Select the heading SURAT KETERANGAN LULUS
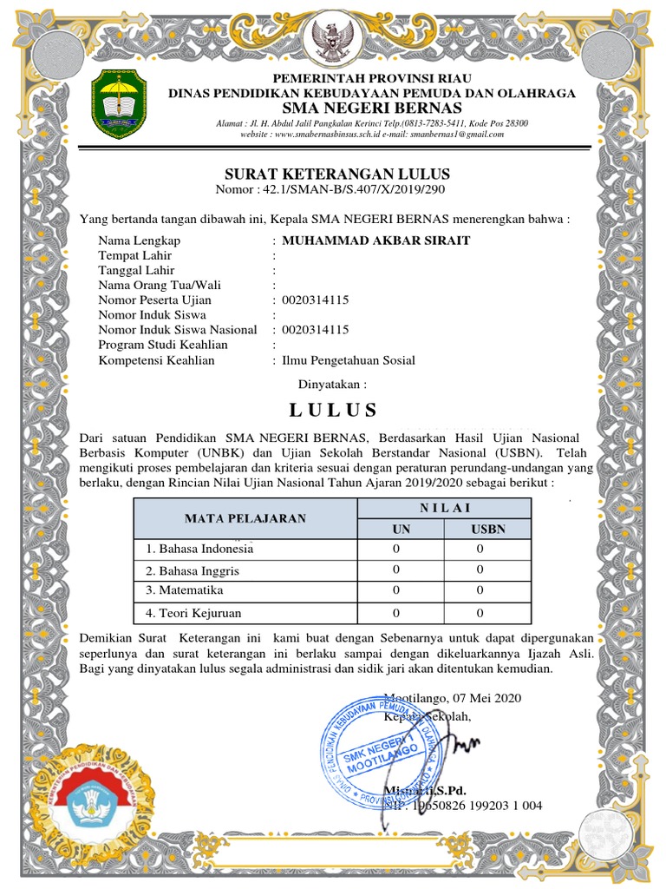tap(337, 175)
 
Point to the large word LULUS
tap(333, 411)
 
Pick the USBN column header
tap(488, 529)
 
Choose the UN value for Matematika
tap(396, 591)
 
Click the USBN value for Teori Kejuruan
tap(480, 613)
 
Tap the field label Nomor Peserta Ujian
tap(155, 300)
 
